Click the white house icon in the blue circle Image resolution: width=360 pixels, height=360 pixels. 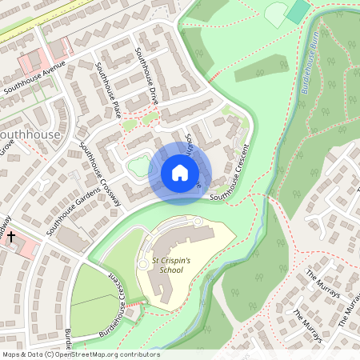point(180,172)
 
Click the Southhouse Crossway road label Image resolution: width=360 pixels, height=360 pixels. point(100,174)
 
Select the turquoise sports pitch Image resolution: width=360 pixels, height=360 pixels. point(298,11)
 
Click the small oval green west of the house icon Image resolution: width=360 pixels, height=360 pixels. point(138,166)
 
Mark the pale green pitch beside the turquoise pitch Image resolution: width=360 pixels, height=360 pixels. point(276,14)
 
